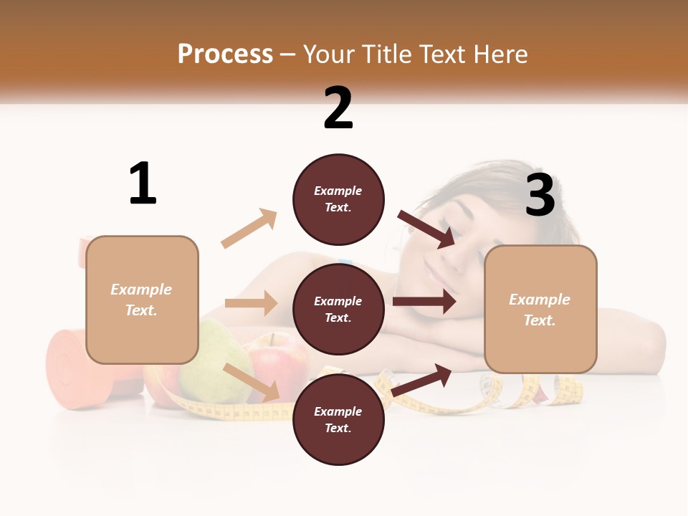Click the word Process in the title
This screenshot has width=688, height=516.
coord(225,54)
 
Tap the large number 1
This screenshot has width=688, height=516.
coord(143,183)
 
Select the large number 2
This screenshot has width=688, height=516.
coord(338,107)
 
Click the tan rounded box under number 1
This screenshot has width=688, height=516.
coord(142,300)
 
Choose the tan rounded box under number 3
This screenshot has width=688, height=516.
coord(540,309)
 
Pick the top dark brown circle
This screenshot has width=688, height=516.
coord(338,199)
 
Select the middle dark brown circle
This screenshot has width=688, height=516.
coord(338,309)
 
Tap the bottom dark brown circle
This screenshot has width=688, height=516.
coord(338,419)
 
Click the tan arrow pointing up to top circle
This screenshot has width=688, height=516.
coord(249,229)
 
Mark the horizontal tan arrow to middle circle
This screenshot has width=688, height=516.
coord(251,303)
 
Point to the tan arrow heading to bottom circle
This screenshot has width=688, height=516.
coord(252,381)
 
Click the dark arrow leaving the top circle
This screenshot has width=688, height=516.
coord(426,229)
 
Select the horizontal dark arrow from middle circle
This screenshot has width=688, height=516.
coord(424,302)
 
